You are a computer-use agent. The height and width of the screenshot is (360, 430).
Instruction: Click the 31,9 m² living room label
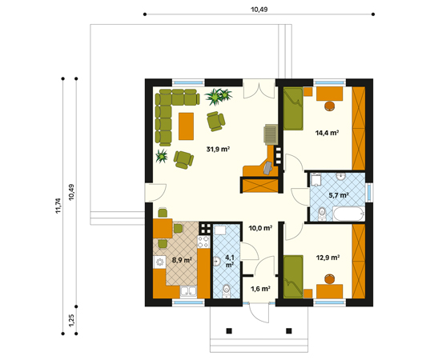(x=218, y=150)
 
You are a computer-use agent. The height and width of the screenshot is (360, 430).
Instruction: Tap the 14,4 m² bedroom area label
(x=327, y=133)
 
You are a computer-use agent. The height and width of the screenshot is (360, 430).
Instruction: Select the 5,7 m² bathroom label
(x=339, y=195)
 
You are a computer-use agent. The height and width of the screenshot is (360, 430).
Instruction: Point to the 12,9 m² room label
(x=328, y=258)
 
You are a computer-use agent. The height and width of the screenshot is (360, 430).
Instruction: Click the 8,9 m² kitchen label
(x=182, y=260)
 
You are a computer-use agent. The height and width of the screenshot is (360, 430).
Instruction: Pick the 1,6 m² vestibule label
(x=260, y=289)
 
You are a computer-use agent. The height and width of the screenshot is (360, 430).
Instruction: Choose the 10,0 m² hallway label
(x=260, y=228)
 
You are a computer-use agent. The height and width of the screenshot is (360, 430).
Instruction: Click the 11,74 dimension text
(x=58, y=206)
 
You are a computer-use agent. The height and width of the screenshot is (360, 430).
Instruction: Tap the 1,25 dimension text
(x=71, y=320)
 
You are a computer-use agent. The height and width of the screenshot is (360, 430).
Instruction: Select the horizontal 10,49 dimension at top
(x=259, y=10)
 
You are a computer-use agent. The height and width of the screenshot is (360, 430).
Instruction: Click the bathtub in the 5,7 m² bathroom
(x=349, y=214)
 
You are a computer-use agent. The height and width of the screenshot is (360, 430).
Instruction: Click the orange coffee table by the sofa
(x=187, y=126)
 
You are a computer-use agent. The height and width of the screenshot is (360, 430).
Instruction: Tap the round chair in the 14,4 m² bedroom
(x=330, y=106)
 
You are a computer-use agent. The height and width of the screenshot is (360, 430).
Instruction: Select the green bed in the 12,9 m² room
(x=293, y=277)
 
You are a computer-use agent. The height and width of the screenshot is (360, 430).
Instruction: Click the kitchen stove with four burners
(x=203, y=242)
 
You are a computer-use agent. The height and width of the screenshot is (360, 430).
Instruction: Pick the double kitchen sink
(x=188, y=291)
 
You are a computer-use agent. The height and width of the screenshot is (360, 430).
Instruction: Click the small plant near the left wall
(x=162, y=156)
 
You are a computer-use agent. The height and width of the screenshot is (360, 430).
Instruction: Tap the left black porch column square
(x=229, y=331)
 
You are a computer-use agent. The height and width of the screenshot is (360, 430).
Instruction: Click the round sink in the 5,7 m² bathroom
(x=341, y=177)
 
